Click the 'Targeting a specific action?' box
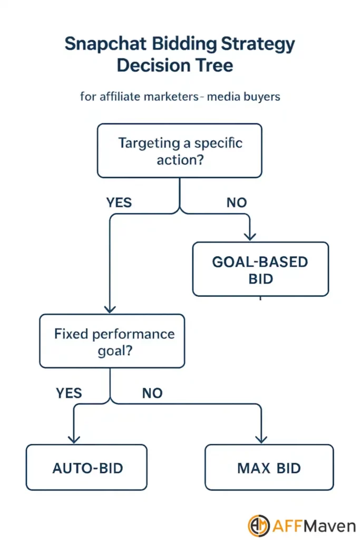(x=179, y=151)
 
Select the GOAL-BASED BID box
(x=260, y=269)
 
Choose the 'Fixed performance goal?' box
(x=112, y=341)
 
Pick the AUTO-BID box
(x=86, y=467)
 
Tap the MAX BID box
(x=269, y=467)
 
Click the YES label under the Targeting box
(x=119, y=202)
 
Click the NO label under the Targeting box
(x=236, y=202)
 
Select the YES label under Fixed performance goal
(x=69, y=393)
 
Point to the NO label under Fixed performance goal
(x=152, y=393)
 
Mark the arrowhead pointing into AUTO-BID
(x=74, y=438)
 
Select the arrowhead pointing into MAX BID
(x=260, y=438)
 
